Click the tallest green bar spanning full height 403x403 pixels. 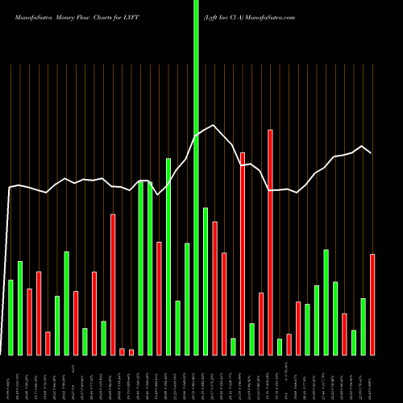pyautogui.click(x=196, y=177)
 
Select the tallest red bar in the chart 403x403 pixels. pyautogui.click(x=271, y=242)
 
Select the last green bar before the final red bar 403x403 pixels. pyautogui.click(x=364, y=326)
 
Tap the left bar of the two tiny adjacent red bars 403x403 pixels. pyautogui.click(x=122, y=351)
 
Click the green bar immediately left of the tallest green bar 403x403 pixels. pyautogui.click(x=187, y=298)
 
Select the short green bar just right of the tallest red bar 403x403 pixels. pyautogui.click(x=280, y=347)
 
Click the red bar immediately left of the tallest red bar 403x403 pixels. pyautogui.click(x=261, y=323)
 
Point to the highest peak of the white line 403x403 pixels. pyautogui.click(x=214, y=126)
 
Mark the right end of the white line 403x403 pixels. pyautogui.click(x=372, y=152)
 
